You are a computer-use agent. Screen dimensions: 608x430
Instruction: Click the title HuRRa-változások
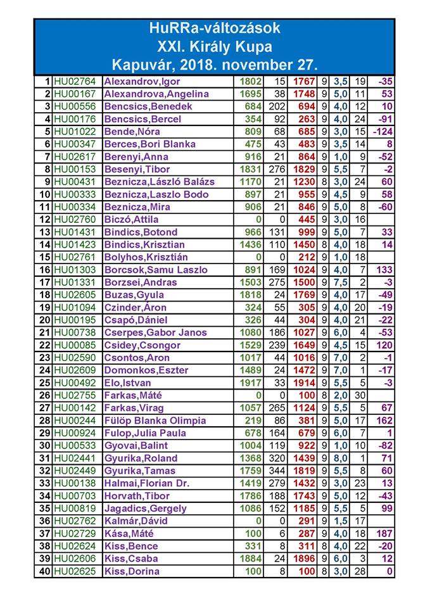pyautogui.click(x=214, y=28)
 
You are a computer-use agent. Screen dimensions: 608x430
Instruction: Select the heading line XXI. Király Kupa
pyautogui.click(x=214, y=46)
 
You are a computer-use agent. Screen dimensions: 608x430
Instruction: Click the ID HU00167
pyautogui.click(x=75, y=94)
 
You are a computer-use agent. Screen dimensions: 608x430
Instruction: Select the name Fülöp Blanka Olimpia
pyautogui.click(x=155, y=421)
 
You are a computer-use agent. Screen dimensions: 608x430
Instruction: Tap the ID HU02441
pyautogui.click(x=75, y=458)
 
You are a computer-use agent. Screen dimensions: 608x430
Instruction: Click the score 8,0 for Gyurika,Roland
pyautogui.click(x=340, y=458)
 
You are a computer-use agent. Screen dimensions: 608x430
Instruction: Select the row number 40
pyautogui.click(x=44, y=571)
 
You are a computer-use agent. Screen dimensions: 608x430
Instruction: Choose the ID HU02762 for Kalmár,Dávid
pyautogui.click(x=75, y=521)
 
